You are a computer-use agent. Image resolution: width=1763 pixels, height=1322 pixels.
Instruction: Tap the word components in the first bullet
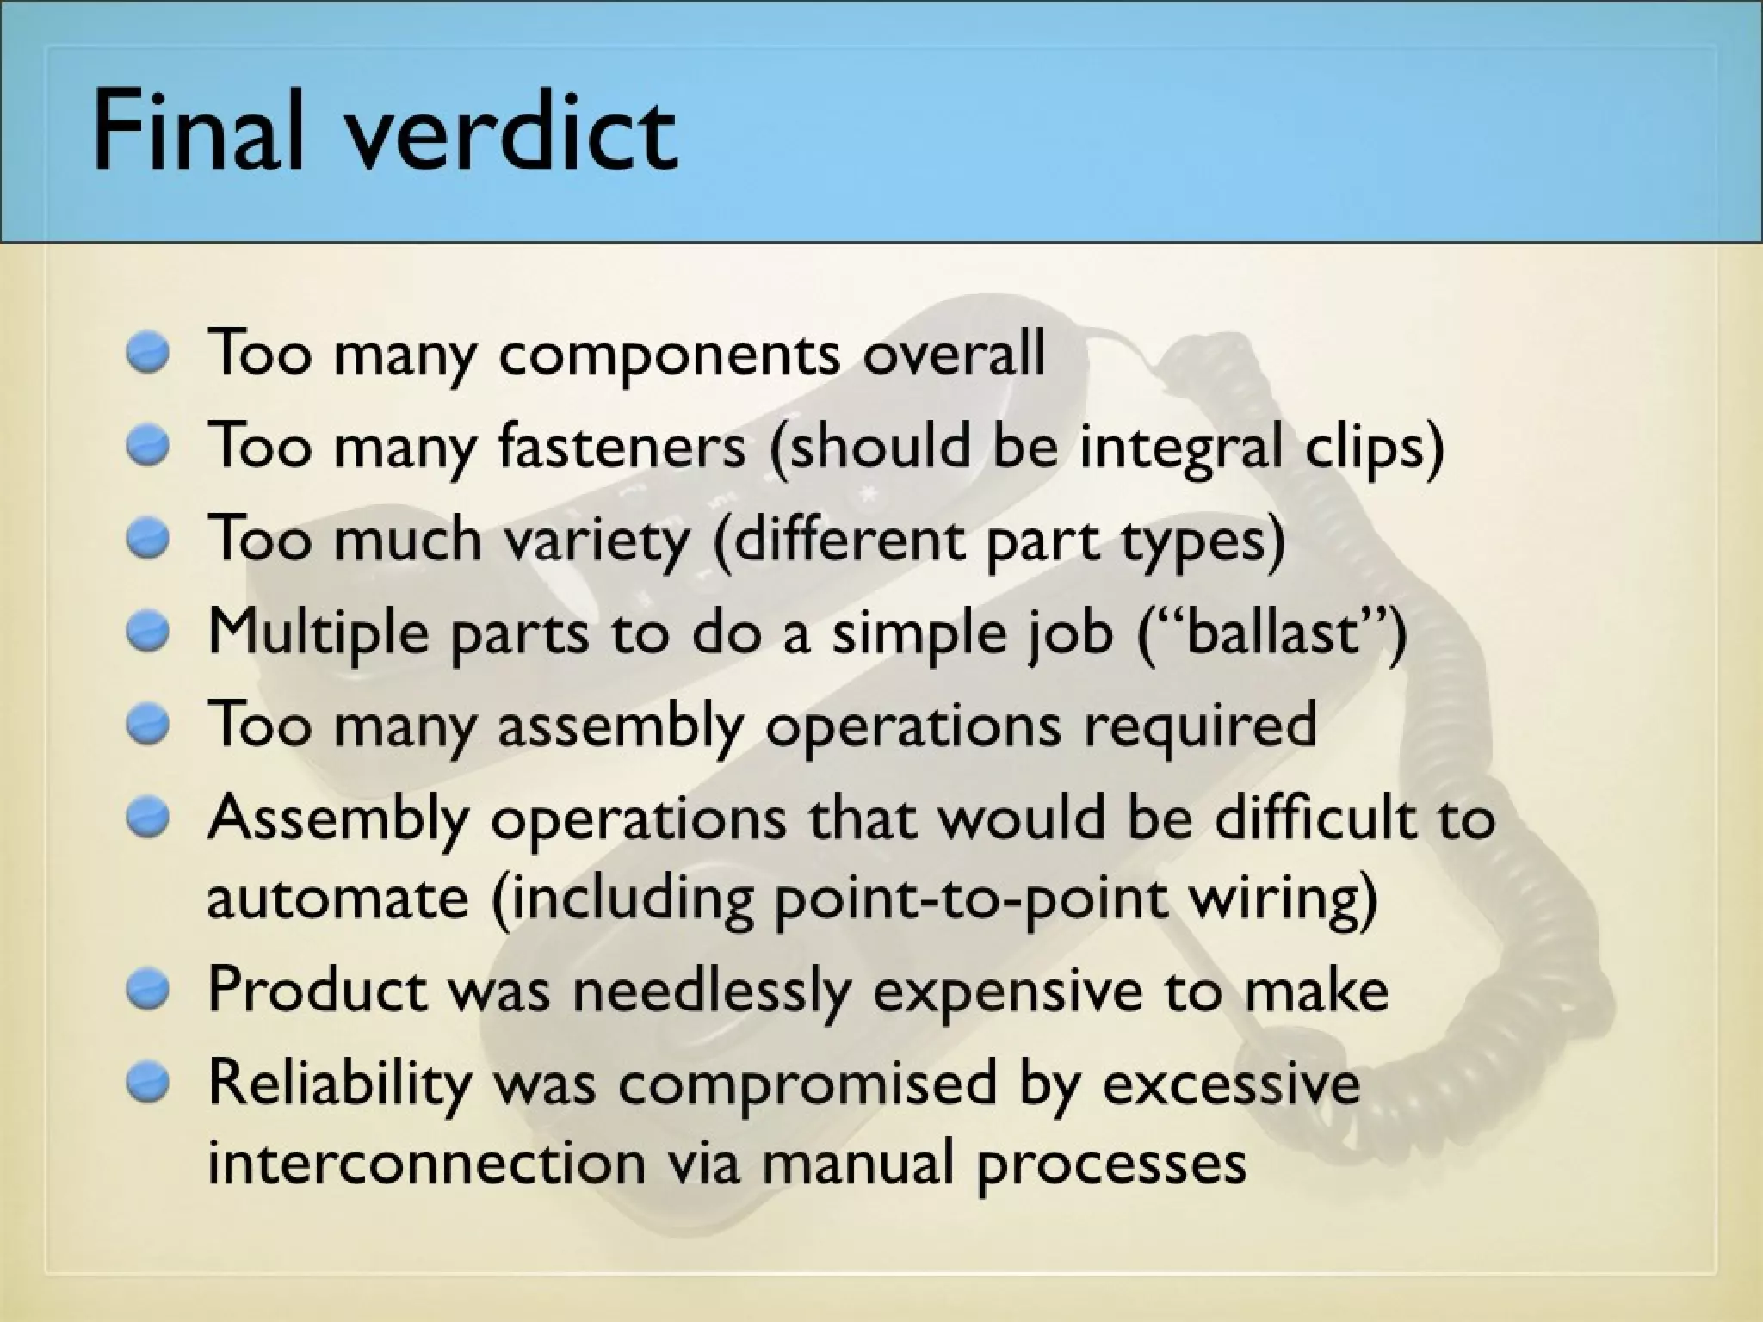click(x=669, y=355)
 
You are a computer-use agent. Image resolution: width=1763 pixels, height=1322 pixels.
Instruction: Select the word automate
click(x=337, y=898)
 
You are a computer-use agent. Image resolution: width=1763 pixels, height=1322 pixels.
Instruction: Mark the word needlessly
click(x=711, y=991)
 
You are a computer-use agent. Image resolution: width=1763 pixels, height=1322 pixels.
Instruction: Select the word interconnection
click(x=426, y=1163)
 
